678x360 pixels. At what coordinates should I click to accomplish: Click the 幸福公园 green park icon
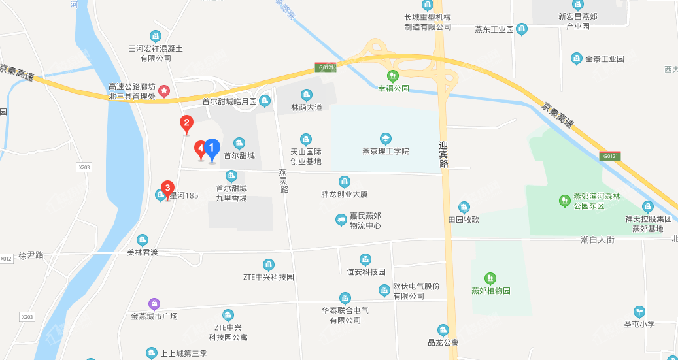(392, 75)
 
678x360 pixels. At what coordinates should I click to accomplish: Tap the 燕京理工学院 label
(385, 151)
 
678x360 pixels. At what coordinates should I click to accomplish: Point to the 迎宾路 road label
(444, 155)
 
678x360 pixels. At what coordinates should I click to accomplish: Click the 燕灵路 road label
(284, 180)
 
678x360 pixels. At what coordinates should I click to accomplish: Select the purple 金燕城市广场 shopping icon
(154, 303)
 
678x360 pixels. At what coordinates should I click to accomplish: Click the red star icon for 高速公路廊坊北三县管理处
(165, 90)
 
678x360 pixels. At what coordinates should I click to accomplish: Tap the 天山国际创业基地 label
(305, 156)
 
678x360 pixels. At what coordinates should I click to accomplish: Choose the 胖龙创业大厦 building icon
(345, 182)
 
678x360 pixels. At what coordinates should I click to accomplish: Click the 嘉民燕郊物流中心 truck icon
(341, 220)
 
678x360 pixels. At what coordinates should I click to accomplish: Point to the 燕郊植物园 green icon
(490, 278)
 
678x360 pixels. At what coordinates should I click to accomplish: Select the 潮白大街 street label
(598, 240)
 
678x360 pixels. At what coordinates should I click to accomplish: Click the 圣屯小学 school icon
(639, 312)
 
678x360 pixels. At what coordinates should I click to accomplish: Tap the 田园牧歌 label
(464, 220)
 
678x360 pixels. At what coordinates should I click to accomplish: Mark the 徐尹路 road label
(31, 254)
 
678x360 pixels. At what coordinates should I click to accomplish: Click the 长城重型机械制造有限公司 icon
(428, 5)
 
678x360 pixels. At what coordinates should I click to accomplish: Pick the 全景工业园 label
(604, 59)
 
